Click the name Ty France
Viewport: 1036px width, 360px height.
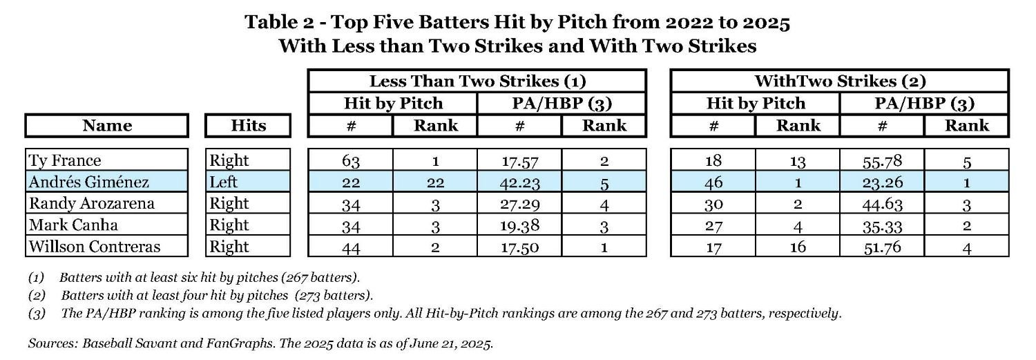65,160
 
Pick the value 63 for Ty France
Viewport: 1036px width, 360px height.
350,161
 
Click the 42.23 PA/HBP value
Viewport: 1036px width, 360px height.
519,182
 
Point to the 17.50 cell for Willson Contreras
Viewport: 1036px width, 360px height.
519,247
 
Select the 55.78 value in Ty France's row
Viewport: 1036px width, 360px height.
881,161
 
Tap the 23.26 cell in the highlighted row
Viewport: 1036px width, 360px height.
881,182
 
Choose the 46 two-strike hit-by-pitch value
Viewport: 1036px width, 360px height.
713,182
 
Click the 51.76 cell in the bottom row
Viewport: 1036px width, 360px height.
881,247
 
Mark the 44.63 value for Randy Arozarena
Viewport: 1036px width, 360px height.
881,204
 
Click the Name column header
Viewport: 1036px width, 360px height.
106,126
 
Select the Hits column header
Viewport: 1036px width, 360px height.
248,126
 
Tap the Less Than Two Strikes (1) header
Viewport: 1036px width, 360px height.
477,81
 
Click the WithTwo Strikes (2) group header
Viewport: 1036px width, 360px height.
840,81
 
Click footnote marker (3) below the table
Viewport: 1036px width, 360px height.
37,314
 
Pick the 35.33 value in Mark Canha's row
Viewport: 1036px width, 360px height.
881,225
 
